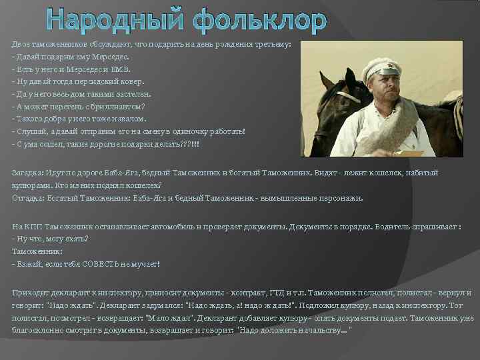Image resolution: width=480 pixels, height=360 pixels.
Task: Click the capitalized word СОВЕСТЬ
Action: (101, 264)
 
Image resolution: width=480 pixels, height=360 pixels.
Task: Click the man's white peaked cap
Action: (382, 66)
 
